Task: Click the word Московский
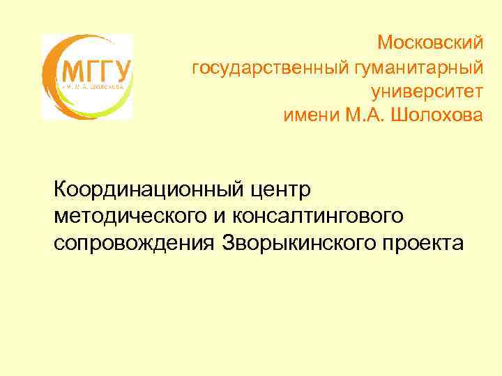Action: coord(429,42)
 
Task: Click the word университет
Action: coord(426,91)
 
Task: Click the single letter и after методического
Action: coord(219,216)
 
